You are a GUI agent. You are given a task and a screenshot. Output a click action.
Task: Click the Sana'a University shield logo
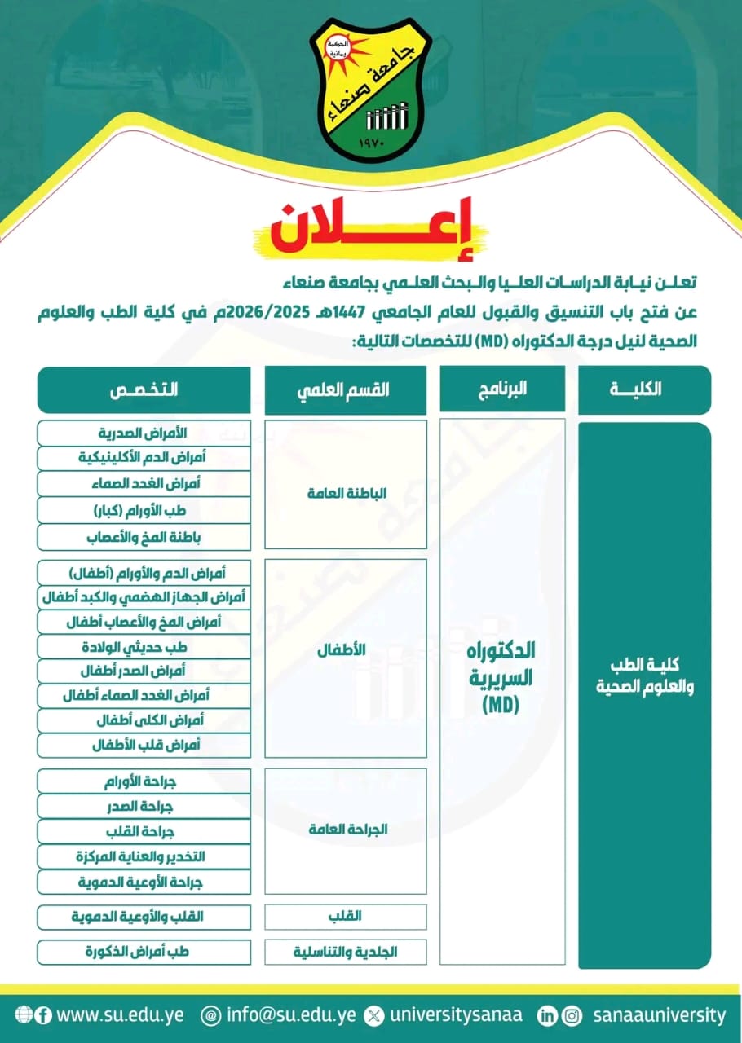click(370, 91)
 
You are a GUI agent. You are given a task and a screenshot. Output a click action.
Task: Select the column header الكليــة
click(644, 389)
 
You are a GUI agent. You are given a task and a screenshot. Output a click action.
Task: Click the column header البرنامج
click(502, 389)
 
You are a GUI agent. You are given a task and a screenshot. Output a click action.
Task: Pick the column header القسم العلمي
click(346, 389)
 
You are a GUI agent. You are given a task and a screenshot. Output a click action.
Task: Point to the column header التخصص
click(144, 389)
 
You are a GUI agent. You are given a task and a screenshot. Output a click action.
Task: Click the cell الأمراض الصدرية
click(144, 433)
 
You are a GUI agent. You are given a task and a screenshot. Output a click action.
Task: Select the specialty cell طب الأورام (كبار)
click(144, 511)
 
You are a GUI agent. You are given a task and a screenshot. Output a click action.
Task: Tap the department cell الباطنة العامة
click(347, 494)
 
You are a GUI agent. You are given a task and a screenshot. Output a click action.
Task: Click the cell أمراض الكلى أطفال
click(144, 720)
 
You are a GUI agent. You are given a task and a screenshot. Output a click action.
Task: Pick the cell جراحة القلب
click(144, 832)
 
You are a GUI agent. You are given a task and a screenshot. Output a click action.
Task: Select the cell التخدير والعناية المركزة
click(144, 857)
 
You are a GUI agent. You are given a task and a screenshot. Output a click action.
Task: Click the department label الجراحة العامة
click(347, 830)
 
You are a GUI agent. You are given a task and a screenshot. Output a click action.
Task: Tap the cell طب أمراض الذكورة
click(144, 951)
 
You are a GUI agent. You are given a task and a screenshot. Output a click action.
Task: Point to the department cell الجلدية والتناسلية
click(347, 951)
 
